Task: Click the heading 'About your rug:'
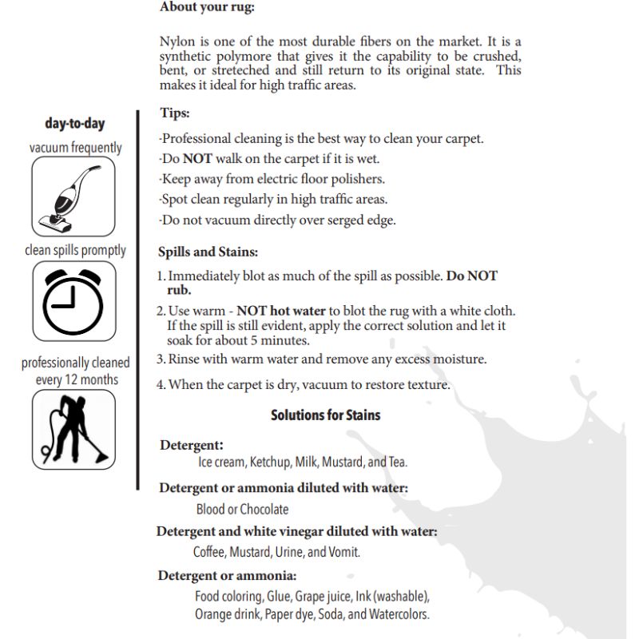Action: [x=207, y=7]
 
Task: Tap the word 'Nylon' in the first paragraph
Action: [x=177, y=42]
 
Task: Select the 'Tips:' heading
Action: [x=174, y=113]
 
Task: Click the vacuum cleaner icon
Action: [x=74, y=196]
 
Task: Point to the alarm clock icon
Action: [x=73, y=299]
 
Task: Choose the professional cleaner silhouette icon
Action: [x=74, y=428]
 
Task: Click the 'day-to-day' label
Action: [x=75, y=124]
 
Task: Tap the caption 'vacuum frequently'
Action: [x=75, y=148]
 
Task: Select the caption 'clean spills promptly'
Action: [x=75, y=250]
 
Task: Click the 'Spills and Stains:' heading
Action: [x=208, y=252]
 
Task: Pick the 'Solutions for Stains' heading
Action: [x=325, y=415]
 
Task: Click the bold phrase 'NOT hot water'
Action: [x=281, y=311]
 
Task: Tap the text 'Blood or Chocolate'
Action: [x=242, y=509]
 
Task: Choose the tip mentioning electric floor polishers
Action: [x=272, y=179]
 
